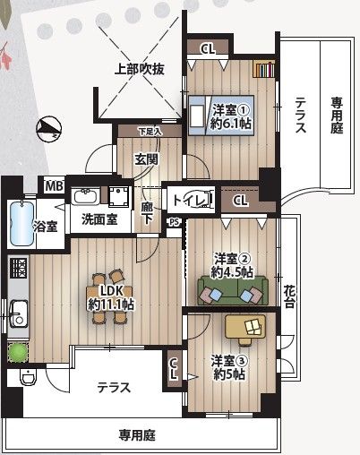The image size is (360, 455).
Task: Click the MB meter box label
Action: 55,186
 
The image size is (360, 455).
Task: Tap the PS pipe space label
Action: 175,222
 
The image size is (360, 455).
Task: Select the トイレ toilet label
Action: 189,199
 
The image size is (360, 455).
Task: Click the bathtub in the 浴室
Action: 21,223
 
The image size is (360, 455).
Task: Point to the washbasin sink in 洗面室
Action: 86,196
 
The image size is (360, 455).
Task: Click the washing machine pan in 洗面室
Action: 119,197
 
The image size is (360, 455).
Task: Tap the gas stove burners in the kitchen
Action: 19,268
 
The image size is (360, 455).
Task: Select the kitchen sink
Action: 19,313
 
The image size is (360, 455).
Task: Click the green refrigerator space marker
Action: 18,353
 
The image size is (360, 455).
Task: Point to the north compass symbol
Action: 48,129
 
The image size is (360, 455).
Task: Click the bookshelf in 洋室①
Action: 263,69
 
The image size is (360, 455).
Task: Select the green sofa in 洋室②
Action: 233,290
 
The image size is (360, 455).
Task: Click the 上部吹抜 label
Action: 140,69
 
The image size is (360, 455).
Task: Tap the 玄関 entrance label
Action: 146,159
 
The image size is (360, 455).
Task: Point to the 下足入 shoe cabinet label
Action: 150,132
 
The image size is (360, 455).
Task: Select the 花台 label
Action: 288,296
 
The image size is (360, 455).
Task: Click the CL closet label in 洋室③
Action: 174,369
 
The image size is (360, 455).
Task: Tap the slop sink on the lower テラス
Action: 28,378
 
